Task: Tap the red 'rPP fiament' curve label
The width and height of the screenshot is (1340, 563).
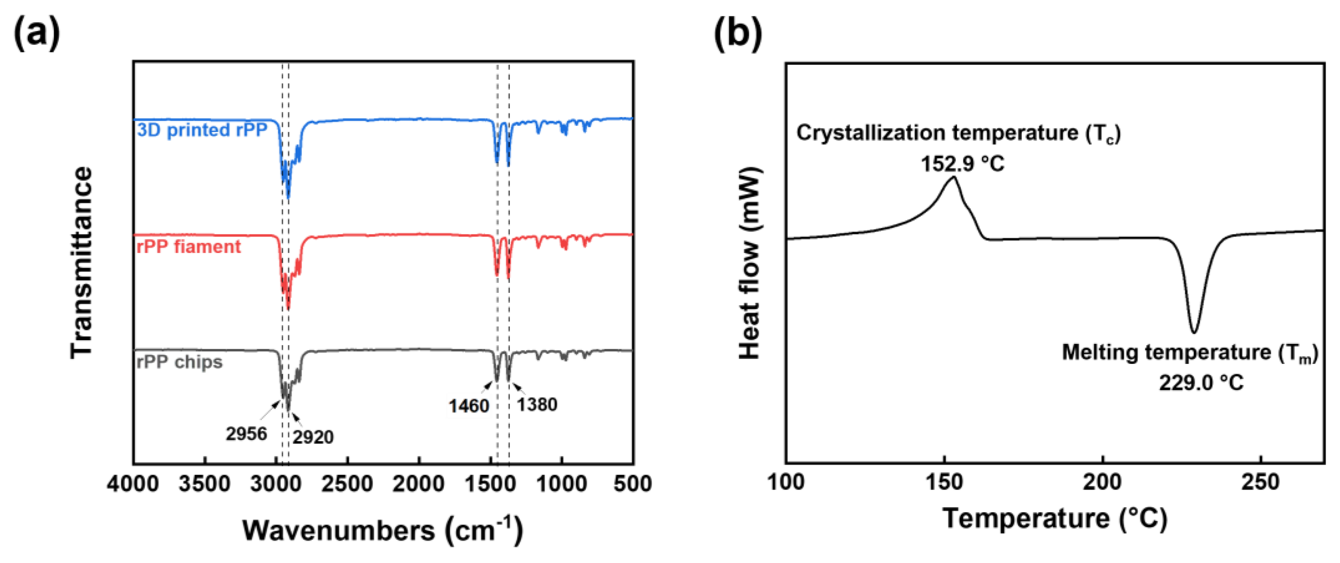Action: (x=188, y=246)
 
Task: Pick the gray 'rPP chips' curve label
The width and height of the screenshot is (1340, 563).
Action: (x=180, y=362)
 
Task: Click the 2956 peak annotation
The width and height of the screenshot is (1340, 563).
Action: (x=246, y=434)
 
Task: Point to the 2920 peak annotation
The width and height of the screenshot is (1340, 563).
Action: (x=313, y=437)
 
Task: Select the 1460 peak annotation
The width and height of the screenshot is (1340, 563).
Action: (x=469, y=406)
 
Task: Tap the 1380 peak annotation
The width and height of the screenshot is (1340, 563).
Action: (x=537, y=404)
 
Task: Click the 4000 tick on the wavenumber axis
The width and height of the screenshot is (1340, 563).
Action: (x=133, y=484)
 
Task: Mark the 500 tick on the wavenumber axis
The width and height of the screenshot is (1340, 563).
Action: (x=633, y=484)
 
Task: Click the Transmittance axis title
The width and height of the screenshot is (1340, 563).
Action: (x=82, y=263)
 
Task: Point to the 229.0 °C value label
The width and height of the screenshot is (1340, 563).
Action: (x=1201, y=383)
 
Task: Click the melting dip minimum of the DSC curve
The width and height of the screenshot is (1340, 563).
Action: (x=1194, y=332)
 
